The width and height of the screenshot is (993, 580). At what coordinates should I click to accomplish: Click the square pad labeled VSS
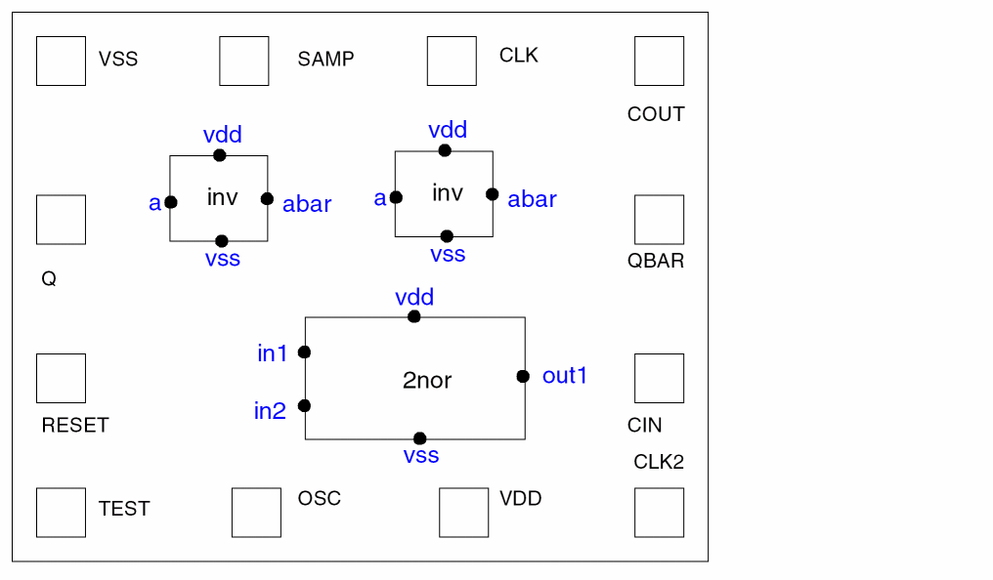[61, 61]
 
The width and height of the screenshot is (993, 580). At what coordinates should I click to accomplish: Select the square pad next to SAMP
[243, 61]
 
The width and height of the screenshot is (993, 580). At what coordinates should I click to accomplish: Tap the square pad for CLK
[452, 61]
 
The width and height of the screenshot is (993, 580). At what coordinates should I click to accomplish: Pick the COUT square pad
[659, 61]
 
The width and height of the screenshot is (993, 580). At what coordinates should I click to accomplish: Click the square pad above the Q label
[61, 220]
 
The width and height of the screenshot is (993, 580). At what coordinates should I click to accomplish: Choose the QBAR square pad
[659, 220]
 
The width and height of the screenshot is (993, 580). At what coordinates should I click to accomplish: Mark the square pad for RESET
[61, 378]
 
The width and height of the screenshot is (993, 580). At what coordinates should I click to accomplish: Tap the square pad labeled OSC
[256, 512]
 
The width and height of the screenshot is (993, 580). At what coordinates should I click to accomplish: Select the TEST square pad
[61, 512]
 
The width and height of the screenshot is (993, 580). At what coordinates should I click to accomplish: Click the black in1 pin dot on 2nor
[304, 352]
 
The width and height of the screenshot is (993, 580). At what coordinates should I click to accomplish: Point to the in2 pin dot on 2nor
[304, 405]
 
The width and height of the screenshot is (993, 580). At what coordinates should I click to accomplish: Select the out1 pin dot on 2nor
[523, 376]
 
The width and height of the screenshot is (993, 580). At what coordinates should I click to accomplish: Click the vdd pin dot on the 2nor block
[414, 316]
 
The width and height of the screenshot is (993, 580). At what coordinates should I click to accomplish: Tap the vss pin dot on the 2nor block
[419, 438]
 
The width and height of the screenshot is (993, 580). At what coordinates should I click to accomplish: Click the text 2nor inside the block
[427, 380]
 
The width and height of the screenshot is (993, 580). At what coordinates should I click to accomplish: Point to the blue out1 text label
[565, 375]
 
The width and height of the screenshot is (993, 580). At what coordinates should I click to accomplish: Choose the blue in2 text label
[270, 411]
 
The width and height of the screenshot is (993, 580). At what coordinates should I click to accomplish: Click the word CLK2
[659, 462]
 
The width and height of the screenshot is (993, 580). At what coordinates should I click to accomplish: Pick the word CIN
[645, 426]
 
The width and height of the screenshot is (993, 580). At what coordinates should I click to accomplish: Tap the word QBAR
[656, 262]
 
